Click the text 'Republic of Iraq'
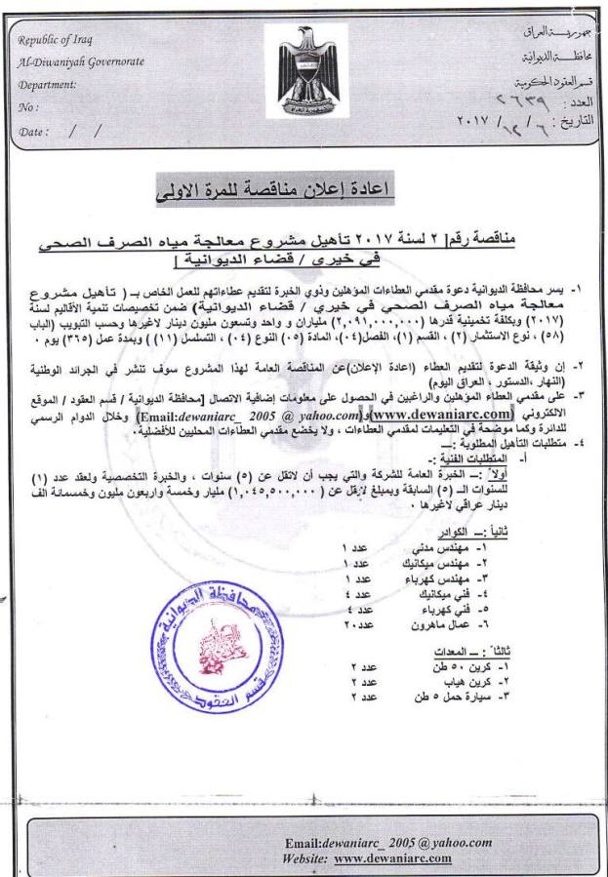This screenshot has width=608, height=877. click(x=58, y=39)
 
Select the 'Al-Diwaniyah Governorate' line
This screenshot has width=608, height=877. click(x=80, y=61)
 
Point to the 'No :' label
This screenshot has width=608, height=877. click(x=28, y=106)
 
